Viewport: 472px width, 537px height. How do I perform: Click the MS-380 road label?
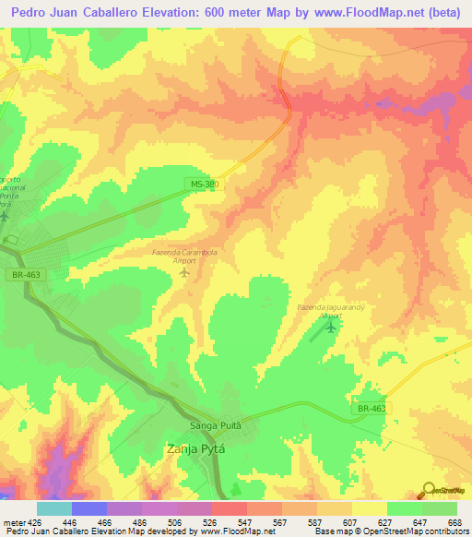206,184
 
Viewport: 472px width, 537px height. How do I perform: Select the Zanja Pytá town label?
195,449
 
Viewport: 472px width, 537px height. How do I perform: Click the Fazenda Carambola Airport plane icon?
183,271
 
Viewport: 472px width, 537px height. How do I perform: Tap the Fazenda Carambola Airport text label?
183,256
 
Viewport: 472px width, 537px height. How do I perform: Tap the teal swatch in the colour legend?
53,508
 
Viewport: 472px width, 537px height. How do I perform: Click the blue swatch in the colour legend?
88,508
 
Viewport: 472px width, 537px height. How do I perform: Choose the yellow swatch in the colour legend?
369,508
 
